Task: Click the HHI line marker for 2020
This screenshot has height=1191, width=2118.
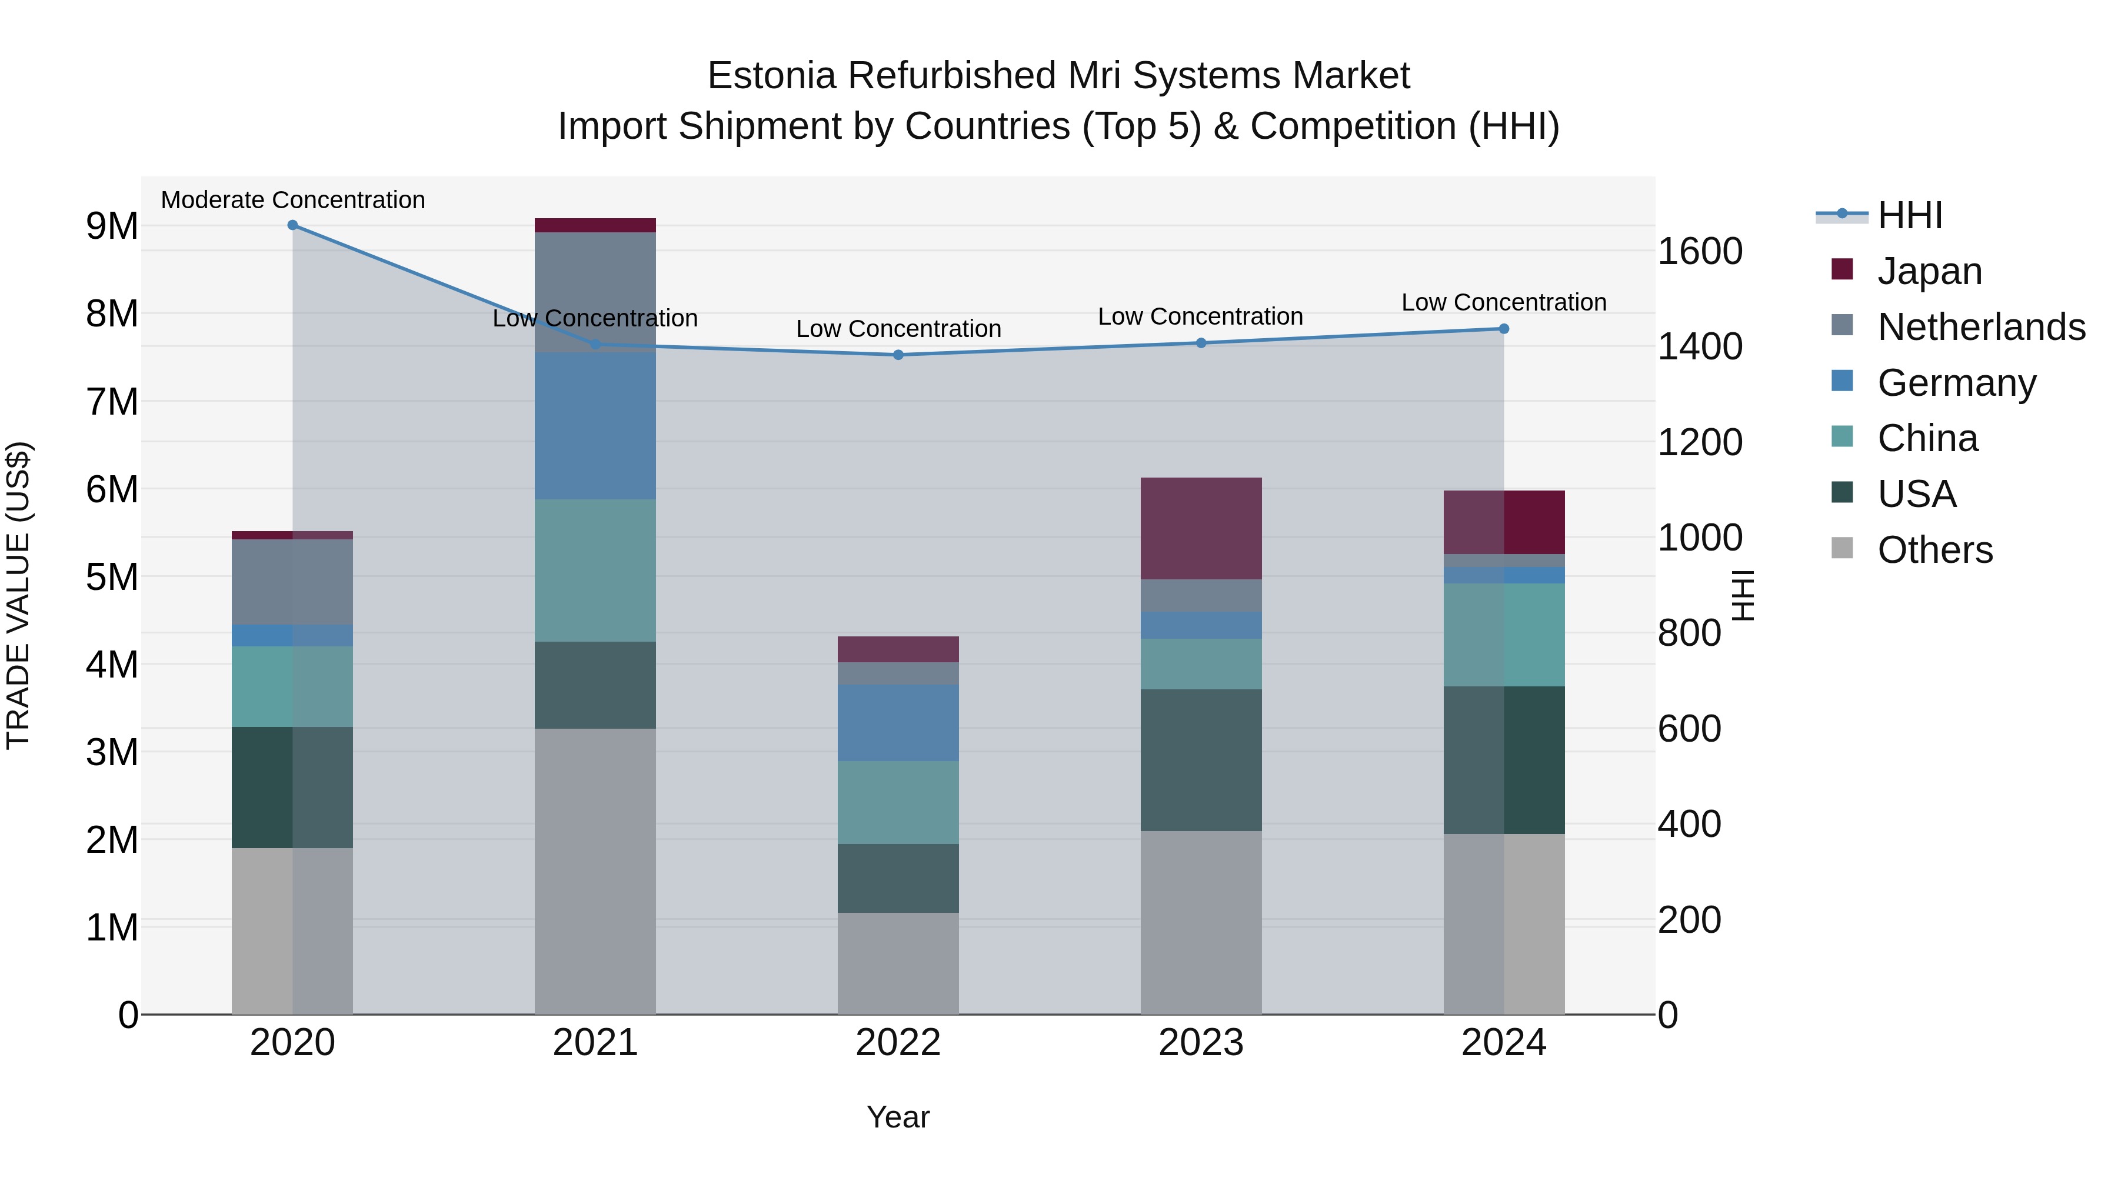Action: (293, 225)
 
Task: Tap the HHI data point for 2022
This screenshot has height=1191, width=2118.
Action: (898, 355)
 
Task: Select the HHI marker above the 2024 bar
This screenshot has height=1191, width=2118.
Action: (1504, 329)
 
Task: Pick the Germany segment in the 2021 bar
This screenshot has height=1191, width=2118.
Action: (595, 426)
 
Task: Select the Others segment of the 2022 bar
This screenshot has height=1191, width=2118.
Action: (898, 963)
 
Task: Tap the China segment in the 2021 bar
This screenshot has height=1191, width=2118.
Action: (595, 571)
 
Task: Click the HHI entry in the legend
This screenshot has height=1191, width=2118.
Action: (1910, 215)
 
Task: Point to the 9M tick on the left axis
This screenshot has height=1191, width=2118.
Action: (112, 226)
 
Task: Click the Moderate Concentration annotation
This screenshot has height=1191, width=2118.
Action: (293, 200)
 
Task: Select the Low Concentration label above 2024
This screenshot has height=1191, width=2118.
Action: (1504, 302)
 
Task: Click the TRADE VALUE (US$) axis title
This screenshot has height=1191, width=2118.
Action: (18, 595)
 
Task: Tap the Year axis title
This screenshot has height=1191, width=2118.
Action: (898, 1117)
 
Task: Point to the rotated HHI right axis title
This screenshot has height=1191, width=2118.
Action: (1744, 595)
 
